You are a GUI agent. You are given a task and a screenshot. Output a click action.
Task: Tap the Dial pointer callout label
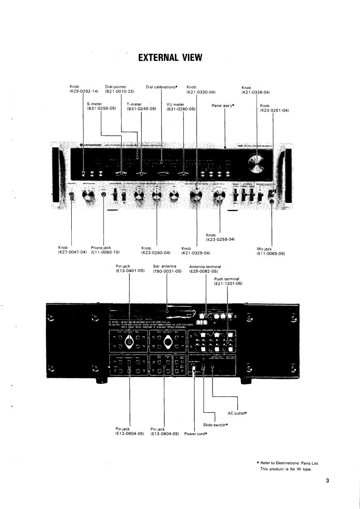pyautogui.click(x=116, y=87)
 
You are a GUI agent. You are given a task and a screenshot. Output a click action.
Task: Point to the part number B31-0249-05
pyautogui.click(x=141, y=109)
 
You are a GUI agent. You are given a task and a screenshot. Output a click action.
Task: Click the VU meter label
pyautogui.click(x=175, y=104)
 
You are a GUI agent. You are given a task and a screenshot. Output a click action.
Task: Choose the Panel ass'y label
pyautogui.click(x=226, y=105)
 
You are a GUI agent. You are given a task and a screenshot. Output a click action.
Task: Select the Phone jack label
pyautogui.click(x=101, y=248)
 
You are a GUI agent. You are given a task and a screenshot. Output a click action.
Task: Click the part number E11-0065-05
pyautogui.click(x=271, y=254)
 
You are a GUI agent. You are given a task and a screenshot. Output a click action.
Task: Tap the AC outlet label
pyautogui.click(x=237, y=413)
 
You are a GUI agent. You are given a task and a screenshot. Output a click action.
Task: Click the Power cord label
pyautogui.click(x=196, y=434)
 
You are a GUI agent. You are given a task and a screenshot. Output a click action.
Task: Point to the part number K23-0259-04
pyautogui.click(x=220, y=239)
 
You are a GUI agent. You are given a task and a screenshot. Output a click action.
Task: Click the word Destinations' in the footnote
pyautogui.click(x=291, y=463)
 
